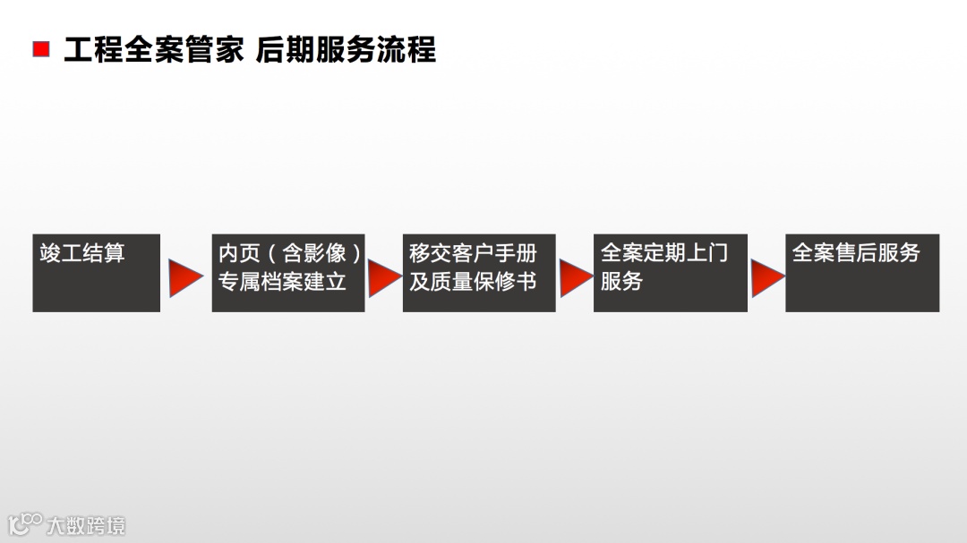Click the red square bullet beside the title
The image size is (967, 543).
pos(41,49)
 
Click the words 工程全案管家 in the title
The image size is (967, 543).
pos(153,50)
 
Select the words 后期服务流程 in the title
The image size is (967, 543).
pos(346,50)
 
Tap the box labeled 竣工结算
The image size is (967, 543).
pos(96,273)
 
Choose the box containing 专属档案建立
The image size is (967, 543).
pos(287,273)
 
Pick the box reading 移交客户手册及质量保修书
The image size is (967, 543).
pos(479,273)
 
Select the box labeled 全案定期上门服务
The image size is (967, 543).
pos(670,273)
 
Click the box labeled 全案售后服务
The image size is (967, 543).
pos(861,273)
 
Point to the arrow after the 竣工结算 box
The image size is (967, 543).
pos(185,278)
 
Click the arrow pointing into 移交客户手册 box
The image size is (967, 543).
pos(383,278)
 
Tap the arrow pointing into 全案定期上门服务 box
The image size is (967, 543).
pos(575,278)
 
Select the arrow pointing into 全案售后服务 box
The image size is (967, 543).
pos(766,278)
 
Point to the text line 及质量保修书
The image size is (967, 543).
pos(473,282)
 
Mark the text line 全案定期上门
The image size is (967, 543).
pos(663,253)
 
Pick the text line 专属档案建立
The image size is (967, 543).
pos(282,282)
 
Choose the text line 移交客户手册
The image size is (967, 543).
pos(473,253)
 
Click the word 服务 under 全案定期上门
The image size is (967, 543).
pos(621,282)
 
